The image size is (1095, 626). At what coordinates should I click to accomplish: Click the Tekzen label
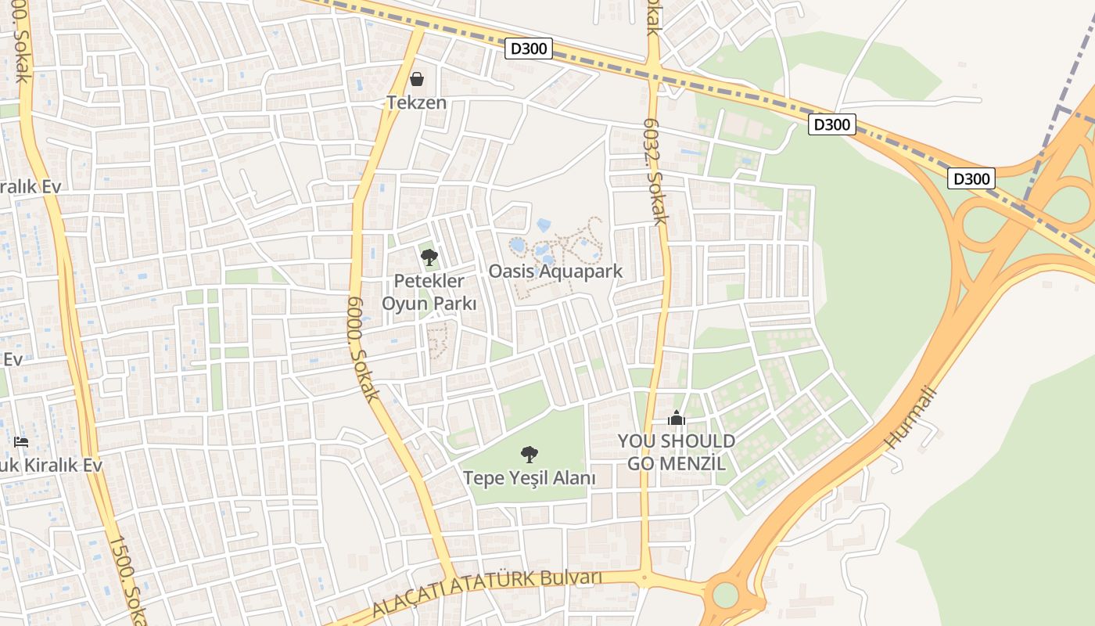pyautogui.click(x=417, y=103)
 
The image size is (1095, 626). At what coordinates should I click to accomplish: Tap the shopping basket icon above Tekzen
pyautogui.click(x=417, y=79)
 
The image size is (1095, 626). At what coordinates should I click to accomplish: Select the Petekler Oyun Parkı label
pyautogui.click(x=429, y=292)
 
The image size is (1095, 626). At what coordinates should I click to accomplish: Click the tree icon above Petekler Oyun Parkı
pyautogui.click(x=429, y=257)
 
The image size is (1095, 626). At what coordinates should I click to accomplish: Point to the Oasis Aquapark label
pyautogui.click(x=555, y=272)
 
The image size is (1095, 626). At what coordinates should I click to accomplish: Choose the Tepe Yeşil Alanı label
pyautogui.click(x=530, y=477)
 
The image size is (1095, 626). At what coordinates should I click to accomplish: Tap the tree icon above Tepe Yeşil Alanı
pyautogui.click(x=530, y=454)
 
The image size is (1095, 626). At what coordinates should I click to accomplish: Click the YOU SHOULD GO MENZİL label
pyautogui.click(x=677, y=452)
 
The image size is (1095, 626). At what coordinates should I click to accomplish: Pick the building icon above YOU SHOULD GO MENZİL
pyautogui.click(x=677, y=419)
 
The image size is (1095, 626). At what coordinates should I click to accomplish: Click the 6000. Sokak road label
pyautogui.click(x=363, y=347)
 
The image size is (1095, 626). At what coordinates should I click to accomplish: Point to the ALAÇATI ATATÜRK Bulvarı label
pyautogui.click(x=486, y=592)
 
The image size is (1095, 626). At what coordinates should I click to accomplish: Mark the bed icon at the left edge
pyautogui.click(x=21, y=442)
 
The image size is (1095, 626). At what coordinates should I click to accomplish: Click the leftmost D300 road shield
pyautogui.click(x=529, y=49)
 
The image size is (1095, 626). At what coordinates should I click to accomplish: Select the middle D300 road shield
pyautogui.click(x=832, y=124)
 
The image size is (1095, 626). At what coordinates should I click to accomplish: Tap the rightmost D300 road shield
pyautogui.click(x=971, y=178)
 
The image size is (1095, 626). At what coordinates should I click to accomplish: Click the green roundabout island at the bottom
pyautogui.click(x=726, y=595)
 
